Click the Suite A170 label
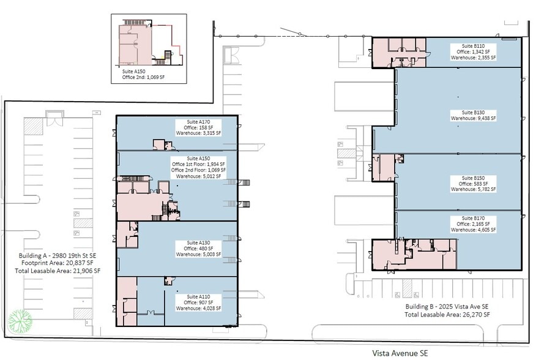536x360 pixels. tap(198, 122)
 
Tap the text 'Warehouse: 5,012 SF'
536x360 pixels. tap(198, 176)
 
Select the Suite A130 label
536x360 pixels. tap(198, 242)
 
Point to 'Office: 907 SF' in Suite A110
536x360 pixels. tap(198, 302)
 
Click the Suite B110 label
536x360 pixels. tap(473, 46)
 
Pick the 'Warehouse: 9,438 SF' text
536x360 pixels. tap(473, 118)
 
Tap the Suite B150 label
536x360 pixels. tap(473, 178)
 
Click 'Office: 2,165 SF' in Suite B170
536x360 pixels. tap(473, 224)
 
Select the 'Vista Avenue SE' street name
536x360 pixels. tap(400, 353)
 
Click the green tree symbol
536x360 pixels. tap(20, 321)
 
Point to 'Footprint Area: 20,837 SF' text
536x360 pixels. tap(58, 263)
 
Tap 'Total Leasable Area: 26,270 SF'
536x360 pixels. tap(447, 315)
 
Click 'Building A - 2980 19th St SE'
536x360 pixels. tap(58, 256)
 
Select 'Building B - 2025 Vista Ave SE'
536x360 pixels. tap(447, 307)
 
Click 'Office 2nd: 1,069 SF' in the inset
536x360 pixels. tap(143, 77)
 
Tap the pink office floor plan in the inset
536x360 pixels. tap(135, 45)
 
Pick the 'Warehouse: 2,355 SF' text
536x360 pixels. tap(473, 58)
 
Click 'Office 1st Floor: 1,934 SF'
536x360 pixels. tap(198, 164)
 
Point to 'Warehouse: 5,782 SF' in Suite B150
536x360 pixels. tap(473, 189)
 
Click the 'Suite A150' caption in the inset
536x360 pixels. tap(133, 72)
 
